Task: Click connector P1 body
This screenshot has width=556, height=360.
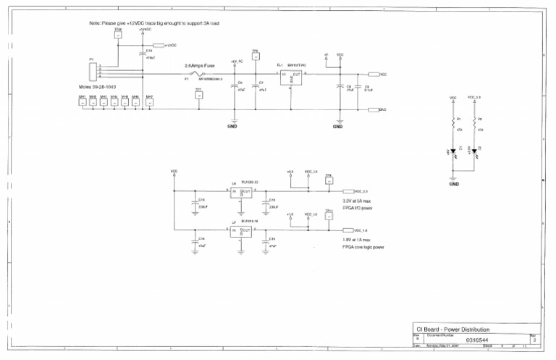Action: (92, 71)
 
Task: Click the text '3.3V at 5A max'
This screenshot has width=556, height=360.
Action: (357, 201)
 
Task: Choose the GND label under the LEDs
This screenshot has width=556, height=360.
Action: (454, 184)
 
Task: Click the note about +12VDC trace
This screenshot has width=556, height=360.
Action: (154, 24)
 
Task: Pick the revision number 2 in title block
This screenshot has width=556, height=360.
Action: (534, 338)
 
